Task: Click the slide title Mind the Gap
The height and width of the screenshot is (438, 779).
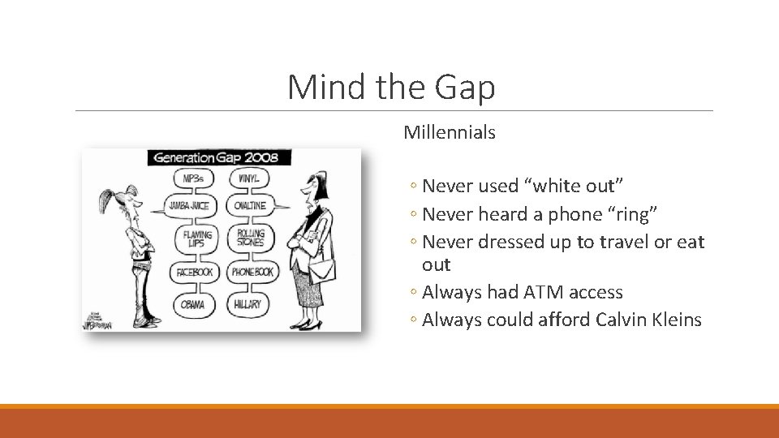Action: coord(391,87)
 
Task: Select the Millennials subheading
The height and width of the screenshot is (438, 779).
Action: coord(449,132)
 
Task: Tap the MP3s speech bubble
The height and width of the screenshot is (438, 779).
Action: coord(193,178)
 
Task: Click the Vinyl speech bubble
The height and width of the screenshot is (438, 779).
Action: coord(249,178)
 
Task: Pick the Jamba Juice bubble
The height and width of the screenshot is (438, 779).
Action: coord(189,206)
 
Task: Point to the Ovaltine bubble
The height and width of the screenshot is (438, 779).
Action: coord(250,206)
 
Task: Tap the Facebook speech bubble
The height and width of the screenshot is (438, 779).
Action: coord(194,273)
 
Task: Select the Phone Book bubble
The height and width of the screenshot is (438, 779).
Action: coord(252,273)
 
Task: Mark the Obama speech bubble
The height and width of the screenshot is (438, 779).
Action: coord(193,305)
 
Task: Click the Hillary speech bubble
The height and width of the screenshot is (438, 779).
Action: coord(249,305)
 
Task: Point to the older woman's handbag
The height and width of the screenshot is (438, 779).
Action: coord(322,268)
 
